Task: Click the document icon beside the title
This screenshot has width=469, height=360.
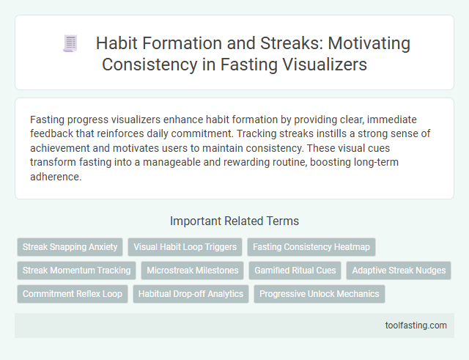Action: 70,44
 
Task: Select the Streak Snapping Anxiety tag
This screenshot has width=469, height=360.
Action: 70,247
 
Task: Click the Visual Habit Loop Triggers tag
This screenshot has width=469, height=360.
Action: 185,247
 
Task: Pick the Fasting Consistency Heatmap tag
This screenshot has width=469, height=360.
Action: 311,247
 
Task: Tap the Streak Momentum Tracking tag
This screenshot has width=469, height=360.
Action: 76,271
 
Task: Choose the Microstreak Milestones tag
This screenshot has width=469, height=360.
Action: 193,271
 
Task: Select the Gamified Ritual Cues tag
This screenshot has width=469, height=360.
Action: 295,271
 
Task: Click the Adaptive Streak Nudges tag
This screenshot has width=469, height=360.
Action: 399,271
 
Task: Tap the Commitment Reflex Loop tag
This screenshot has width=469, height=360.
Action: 72,294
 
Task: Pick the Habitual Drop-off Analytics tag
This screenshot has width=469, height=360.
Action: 191,294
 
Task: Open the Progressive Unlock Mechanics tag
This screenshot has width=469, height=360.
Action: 319,294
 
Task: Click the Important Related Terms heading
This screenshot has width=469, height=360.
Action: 234,221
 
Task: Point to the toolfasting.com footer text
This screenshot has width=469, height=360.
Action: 416,325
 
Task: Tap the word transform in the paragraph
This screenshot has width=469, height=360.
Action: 52,162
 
